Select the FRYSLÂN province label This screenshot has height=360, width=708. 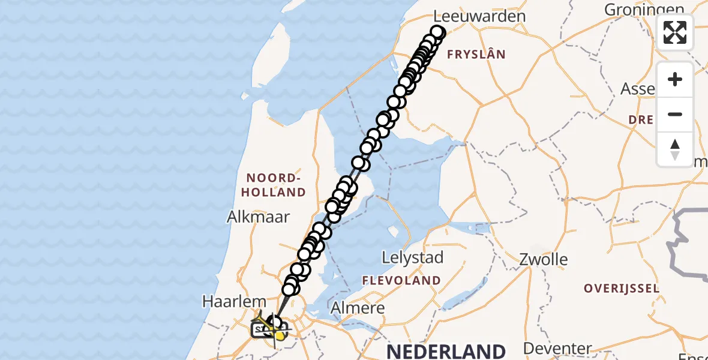(477, 55)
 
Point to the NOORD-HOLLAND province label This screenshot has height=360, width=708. (275, 185)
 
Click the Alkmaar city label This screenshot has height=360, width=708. (259, 217)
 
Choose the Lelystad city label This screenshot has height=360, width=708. (413, 258)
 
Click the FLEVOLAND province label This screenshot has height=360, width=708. (401, 280)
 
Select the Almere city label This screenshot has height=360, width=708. (358, 309)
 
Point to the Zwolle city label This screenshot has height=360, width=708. (544, 260)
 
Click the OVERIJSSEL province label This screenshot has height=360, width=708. (622, 289)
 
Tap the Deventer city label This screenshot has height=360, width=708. (557, 349)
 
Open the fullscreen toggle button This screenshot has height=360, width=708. (675, 32)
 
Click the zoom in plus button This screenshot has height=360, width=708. (675, 80)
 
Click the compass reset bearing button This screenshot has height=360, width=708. (675, 149)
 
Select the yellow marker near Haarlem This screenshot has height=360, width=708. (279, 334)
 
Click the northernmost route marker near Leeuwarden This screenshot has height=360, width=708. (437, 32)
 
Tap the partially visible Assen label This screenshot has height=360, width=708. (638, 89)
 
